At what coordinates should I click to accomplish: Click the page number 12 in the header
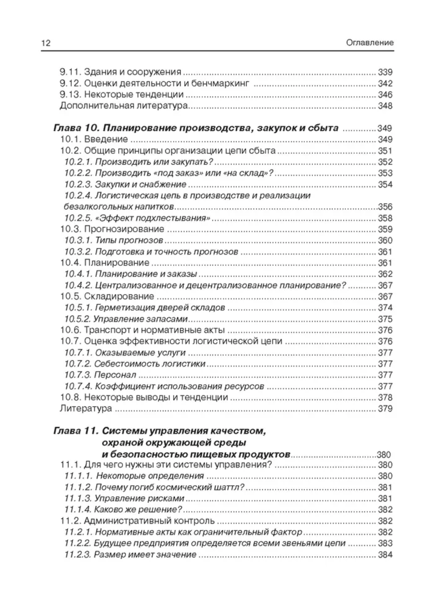pyautogui.click(x=46, y=43)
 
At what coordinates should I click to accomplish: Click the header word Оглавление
pyautogui.click(x=369, y=43)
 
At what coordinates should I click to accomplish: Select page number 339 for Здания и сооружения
pyautogui.click(x=385, y=72)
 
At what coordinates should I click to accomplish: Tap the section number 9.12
pyautogui.click(x=70, y=83)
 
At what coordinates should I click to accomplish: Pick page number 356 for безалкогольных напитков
pyautogui.click(x=385, y=207)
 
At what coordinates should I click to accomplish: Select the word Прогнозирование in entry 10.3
pyautogui.click(x=124, y=229)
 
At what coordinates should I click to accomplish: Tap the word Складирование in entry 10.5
pyautogui.click(x=119, y=296)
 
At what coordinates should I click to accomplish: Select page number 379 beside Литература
pyautogui.click(x=385, y=408)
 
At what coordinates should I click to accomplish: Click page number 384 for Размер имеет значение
pyautogui.click(x=385, y=554)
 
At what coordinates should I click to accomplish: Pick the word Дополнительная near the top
pyautogui.click(x=95, y=105)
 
